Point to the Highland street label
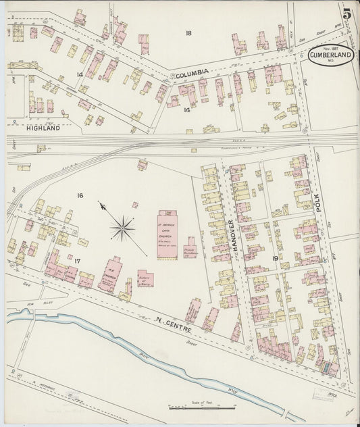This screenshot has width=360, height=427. tap(44, 127)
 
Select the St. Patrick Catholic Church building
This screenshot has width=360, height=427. tap(168, 232)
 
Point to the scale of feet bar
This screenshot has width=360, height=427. tap(202, 407)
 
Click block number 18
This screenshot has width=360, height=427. tap(188, 33)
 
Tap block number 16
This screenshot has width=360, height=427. tap(80, 195)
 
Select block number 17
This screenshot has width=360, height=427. tap(78, 260)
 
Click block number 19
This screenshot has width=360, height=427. tap(275, 258)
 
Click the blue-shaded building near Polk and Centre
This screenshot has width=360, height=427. tap(329, 368)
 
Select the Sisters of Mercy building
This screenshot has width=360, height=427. tap(144, 278)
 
